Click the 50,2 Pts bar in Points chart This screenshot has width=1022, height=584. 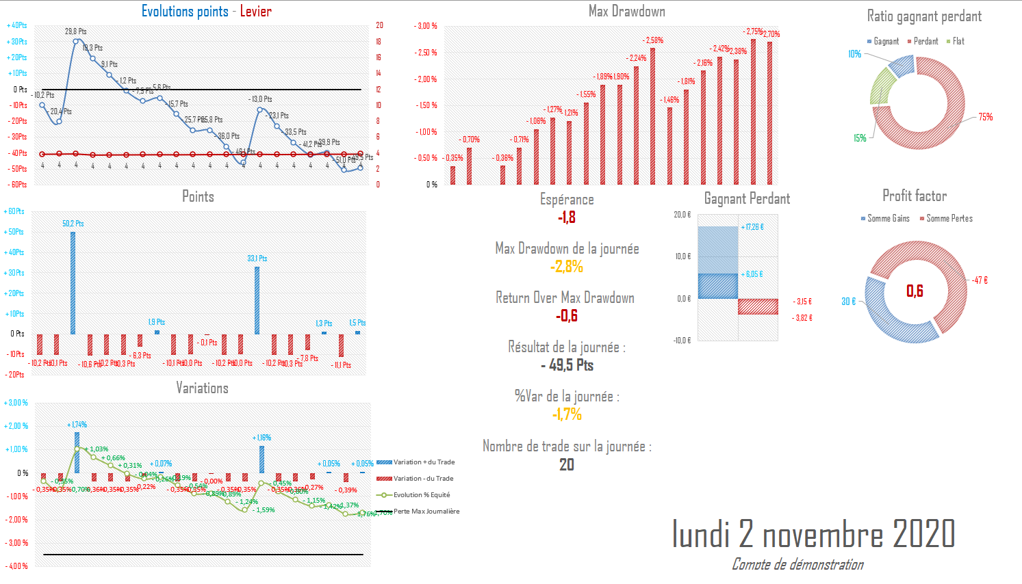(x=73, y=282)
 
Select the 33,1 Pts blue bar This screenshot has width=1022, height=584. (x=257, y=300)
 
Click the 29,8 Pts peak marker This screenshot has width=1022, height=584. (x=76, y=41)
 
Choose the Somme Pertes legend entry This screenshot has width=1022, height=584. (x=949, y=218)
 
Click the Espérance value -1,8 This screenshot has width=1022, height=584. (x=567, y=217)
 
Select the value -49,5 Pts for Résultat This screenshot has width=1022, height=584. (x=567, y=365)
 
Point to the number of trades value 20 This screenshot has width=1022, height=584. (x=567, y=465)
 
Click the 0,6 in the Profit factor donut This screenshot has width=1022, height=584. (x=915, y=291)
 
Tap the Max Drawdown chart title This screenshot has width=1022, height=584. (x=626, y=11)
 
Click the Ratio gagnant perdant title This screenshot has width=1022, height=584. (x=924, y=16)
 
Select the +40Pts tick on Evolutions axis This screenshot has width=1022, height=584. (x=17, y=25)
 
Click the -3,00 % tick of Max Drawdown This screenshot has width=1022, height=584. (x=426, y=26)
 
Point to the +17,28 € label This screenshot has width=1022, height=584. (x=753, y=227)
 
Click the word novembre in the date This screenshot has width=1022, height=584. (x=822, y=534)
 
